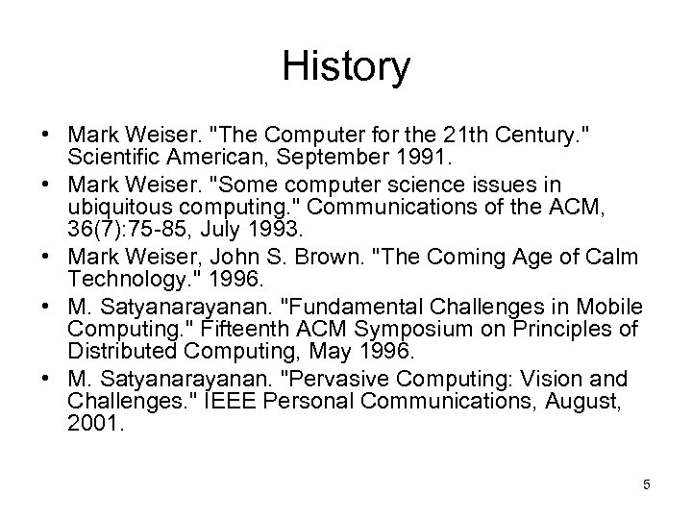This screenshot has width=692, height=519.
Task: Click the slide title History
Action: (346, 66)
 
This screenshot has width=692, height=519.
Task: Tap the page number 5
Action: (647, 484)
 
